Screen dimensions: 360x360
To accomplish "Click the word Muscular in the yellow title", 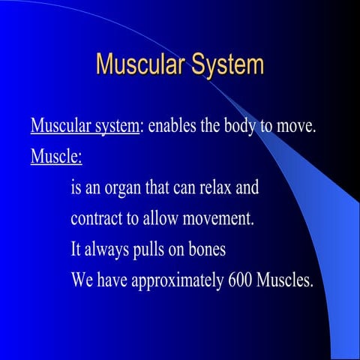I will pos(139,64).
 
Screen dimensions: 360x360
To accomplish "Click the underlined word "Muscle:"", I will pos(56,157).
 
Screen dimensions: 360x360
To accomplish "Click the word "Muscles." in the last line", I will pos(285,281).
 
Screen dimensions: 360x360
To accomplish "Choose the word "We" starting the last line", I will pos(82,281).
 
